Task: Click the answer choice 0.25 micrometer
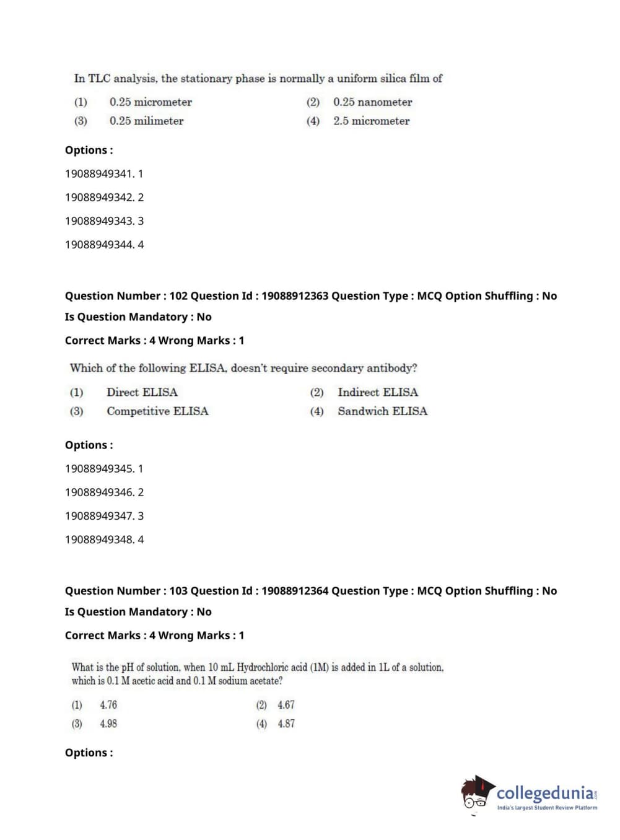pos(151,102)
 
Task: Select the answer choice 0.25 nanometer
pos(372,102)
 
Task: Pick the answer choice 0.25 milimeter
pos(146,121)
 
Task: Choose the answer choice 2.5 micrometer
pos(371,121)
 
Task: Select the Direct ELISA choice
pos(142,392)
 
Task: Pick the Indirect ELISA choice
pos(377,392)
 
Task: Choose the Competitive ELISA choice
pos(157,411)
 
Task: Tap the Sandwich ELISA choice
pos(382,411)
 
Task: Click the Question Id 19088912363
pos(295,296)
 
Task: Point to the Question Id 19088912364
pos(295,591)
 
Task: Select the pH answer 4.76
pos(108,705)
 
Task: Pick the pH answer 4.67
pos(286,705)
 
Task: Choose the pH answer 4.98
pos(108,724)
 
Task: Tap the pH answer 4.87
pos(286,724)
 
